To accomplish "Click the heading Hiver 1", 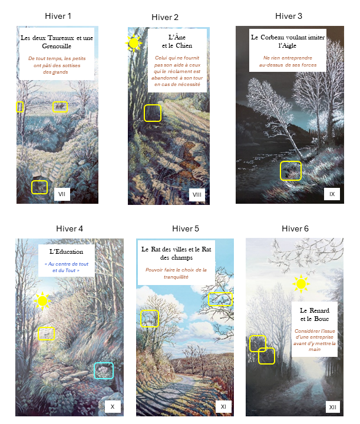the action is [x=58, y=16].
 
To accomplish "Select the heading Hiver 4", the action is [x=70, y=228].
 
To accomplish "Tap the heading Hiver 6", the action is [x=295, y=228].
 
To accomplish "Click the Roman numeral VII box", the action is [x=62, y=194].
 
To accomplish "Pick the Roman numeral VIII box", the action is [x=197, y=195].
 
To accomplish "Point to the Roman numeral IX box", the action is [x=332, y=194].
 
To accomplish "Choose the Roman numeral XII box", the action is [x=333, y=407].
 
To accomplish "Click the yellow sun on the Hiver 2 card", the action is [x=134, y=43].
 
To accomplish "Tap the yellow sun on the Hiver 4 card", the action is [x=42, y=301].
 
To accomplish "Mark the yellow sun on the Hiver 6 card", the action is [x=301, y=284].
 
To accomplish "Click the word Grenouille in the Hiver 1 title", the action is [x=57, y=47].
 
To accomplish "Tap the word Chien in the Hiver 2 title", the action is [x=184, y=46].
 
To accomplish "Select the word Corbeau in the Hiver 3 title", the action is [x=273, y=37].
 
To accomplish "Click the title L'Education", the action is [x=66, y=251].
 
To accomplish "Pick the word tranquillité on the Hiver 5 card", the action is [x=176, y=277].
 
